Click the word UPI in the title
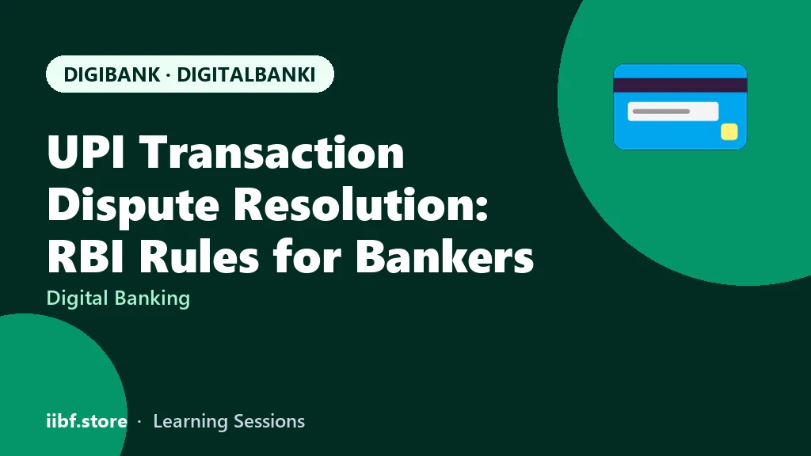click(86, 152)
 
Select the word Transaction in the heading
click(272, 152)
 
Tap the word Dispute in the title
click(133, 205)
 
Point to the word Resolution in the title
click(361, 204)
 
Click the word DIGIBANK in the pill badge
click(112, 74)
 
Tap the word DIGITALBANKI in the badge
click(246, 74)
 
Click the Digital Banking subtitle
click(119, 298)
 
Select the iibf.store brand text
click(87, 421)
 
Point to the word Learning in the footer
click(191, 422)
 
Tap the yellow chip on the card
click(729, 132)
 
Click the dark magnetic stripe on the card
click(680, 85)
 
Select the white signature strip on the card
click(673, 111)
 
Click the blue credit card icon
click(680, 107)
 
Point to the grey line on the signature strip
click(661, 111)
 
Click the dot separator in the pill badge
click(169, 75)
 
